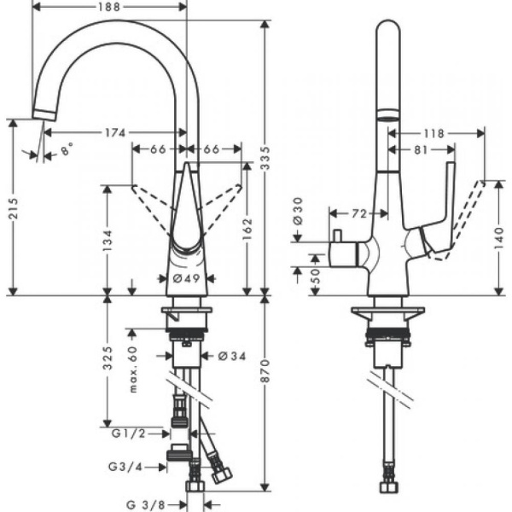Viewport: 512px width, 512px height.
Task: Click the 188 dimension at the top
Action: pyautogui.click(x=108, y=8)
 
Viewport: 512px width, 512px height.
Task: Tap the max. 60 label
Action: pyautogui.click(x=133, y=369)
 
